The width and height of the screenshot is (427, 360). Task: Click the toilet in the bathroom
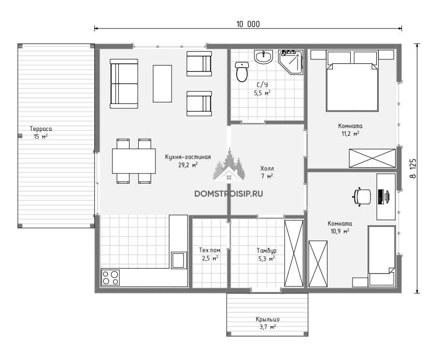click(x=242, y=72)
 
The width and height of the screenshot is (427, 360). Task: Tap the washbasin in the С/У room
click(x=263, y=57)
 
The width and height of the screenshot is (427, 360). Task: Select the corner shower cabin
click(x=290, y=61)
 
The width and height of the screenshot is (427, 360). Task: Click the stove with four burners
click(x=111, y=277)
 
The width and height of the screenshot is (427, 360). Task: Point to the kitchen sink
click(x=179, y=260)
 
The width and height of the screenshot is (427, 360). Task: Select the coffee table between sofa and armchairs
click(x=162, y=84)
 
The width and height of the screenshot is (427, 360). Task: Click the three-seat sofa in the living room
click(x=124, y=84)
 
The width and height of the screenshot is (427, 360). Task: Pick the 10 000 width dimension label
click(x=248, y=24)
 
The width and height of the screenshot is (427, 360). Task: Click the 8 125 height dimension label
click(x=413, y=169)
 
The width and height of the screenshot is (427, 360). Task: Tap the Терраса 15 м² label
click(x=41, y=132)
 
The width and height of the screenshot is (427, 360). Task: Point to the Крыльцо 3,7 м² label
click(x=268, y=323)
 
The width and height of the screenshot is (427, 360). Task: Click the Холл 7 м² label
click(x=267, y=172)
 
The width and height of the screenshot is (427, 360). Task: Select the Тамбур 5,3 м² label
click(x=266, y=255)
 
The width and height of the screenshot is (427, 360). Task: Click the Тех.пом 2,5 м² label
click(x=210, y=254)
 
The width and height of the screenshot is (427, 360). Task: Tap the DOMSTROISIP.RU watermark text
click(x=229, y=194)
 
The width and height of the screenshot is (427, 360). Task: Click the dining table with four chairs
click(x=134, y=161)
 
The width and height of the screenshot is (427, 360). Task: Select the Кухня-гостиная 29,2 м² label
click(x=188, y=161)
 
